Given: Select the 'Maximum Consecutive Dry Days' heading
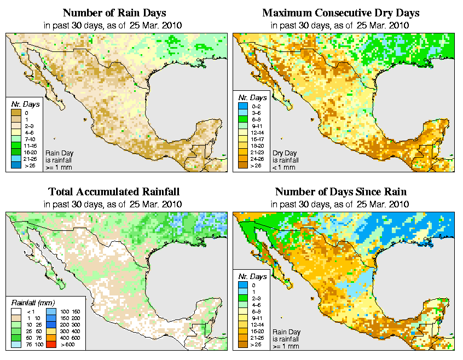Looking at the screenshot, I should click(x=341, y=13).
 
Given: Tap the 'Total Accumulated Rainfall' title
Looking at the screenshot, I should click(x=114, y=191).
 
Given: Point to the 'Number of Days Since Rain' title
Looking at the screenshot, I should click(x=341, y=191).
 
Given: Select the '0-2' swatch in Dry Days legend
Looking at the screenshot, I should click(x=243, y=105).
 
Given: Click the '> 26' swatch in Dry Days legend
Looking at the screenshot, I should click(x=243, y=165).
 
